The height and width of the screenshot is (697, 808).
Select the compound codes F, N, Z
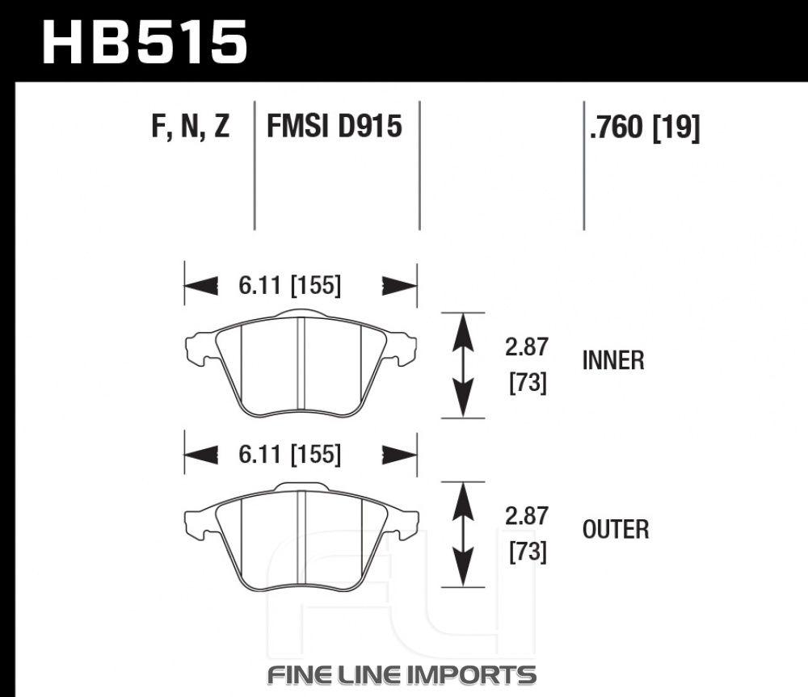pos(191,126)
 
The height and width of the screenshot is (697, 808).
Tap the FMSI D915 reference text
pos(334,126)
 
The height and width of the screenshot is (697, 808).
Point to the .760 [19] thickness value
pos(645,128)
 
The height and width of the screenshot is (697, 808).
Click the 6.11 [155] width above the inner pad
pos(289,285)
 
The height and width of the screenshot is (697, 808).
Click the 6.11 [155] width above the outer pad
pos(289,455)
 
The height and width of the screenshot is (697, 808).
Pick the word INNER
pos(613,360)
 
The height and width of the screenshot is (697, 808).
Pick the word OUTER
pos(615,530)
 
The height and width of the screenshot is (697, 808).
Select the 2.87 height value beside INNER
pos(526,347)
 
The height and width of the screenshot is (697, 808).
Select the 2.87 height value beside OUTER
pos(526,516)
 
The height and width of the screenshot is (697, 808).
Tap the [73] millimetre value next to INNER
pos(528,384)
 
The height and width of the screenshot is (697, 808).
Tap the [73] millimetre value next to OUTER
pos(528,552)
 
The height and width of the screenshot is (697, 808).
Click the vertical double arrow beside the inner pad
pos(463,365)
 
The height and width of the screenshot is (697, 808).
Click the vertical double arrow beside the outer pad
pos(463,534)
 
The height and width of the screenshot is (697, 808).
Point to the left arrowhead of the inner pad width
pos(201,285)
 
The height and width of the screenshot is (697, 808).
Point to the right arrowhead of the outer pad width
pos(399,455)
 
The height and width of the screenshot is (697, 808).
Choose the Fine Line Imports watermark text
pos(402,675)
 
